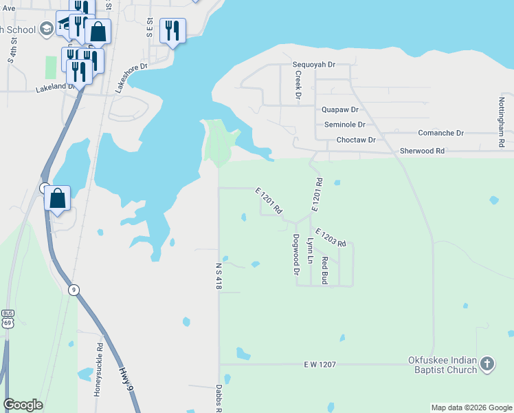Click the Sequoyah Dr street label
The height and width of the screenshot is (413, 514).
coord(313,64)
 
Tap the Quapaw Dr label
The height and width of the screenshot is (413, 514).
coord(340,109)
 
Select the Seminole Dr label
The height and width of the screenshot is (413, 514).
coord(344,125)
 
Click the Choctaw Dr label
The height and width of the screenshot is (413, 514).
coord(356,140)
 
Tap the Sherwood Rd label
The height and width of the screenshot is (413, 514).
coord(422,150)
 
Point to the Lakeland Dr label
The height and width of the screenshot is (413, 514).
coord(55,87)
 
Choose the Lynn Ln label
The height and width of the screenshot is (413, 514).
coord(311,251)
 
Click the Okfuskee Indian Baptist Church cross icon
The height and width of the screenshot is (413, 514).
coord(487,363)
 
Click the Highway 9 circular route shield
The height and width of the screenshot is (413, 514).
coord(73,290)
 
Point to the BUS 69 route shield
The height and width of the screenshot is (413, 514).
coord(8,319)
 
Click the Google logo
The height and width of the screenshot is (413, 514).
coord(23,405)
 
